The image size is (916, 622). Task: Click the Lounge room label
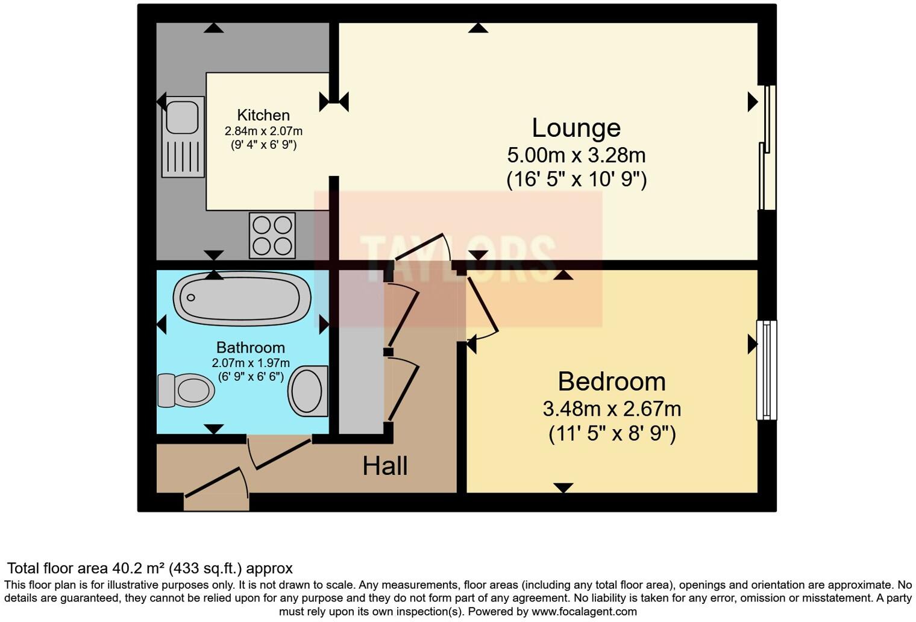tap(576, 128)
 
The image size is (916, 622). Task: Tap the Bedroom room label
tap(611, 382)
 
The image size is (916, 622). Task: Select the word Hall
tap(384, 466)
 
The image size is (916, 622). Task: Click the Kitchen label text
tap(263, 115)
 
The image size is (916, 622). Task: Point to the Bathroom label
tap(250, 348)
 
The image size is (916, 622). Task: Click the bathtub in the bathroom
tap(242, 298)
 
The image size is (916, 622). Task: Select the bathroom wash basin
tap(308, 390)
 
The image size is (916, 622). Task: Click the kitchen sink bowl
tap(182, 117)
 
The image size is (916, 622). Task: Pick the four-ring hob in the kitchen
tap(272, 235)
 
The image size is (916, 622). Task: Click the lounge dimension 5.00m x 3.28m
tap(576, 155)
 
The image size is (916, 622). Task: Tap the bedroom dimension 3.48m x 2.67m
tap(612, 409)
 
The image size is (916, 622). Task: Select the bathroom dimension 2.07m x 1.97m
tap(251, 363)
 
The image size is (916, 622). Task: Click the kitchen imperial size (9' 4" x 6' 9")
tap(263, 145)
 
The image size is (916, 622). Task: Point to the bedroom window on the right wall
tap(766, 369)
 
